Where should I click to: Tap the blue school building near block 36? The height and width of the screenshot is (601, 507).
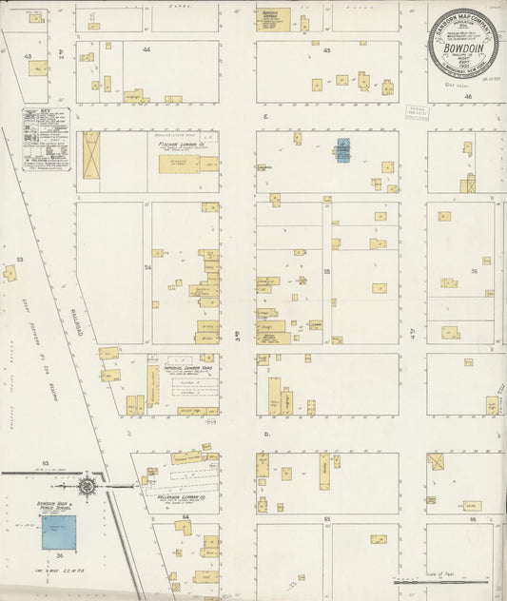(58, 533)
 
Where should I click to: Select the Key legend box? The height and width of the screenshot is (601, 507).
(47, 139)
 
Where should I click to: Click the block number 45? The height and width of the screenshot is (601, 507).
(326, 49)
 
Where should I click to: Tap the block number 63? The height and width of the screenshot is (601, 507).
(45, 462)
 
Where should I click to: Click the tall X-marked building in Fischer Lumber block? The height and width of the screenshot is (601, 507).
(91, 154)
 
